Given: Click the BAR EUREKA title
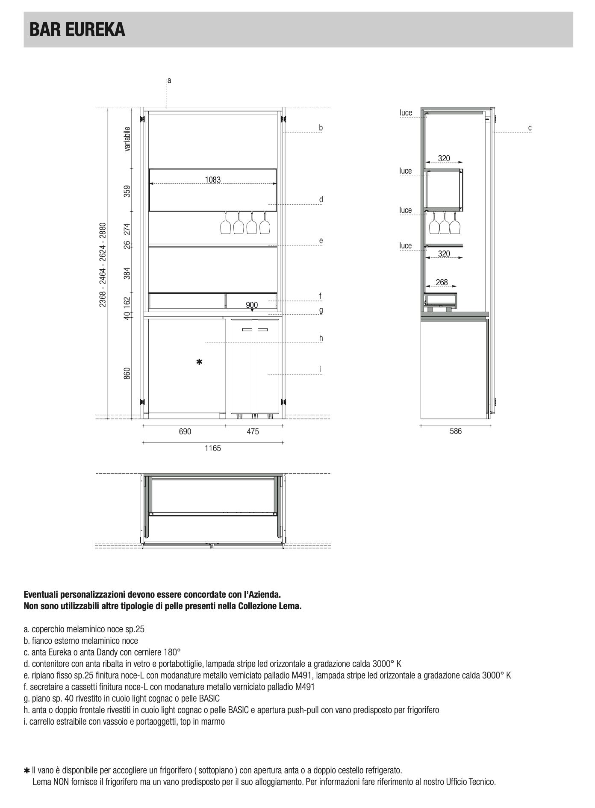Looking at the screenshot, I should point(77,30).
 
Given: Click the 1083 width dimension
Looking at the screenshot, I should point(213,180).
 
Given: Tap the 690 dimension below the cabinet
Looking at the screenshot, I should point(185,432).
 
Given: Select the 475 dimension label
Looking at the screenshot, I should point(253,432).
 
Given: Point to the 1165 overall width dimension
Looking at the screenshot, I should point(213,448).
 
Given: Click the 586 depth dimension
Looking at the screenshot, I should point(456,431).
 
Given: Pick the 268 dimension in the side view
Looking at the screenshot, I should point(442,282).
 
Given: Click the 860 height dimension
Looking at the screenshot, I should point(127,373).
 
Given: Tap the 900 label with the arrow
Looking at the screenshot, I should point(252,305).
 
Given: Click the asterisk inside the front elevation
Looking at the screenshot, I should point(199,362).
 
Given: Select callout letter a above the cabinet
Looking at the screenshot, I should point(169,80).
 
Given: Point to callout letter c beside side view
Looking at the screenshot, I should point(530,127).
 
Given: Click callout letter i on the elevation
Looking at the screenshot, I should point(320,369).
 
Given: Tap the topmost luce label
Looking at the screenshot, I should point(406,113).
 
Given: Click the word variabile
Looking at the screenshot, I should point(127,139).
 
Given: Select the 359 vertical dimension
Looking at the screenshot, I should point(127,191).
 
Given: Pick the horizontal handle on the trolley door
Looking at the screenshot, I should point(255,330).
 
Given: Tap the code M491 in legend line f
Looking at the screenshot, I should point(305,687).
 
